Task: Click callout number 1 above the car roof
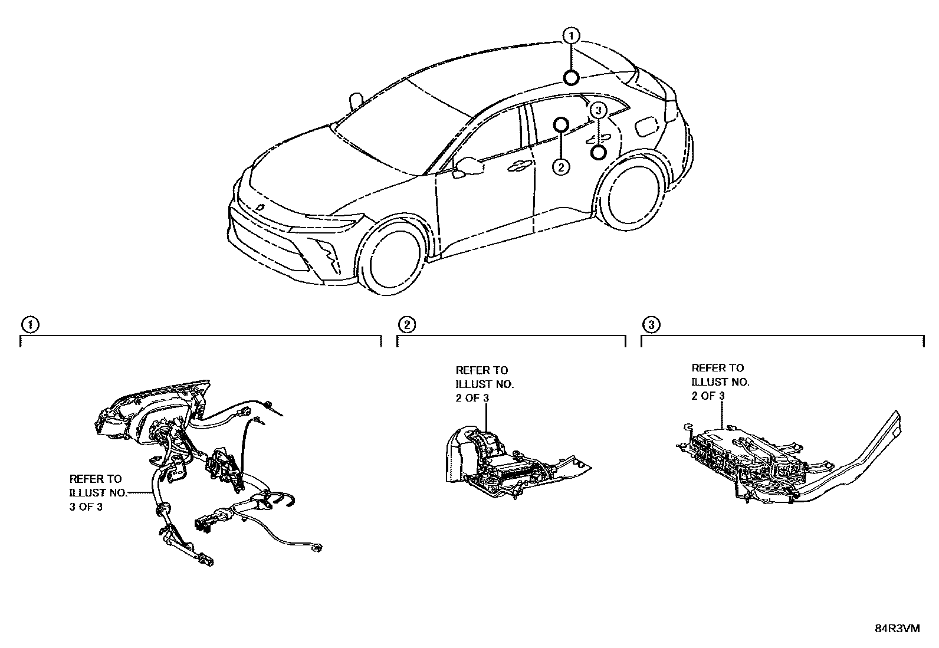pos(571,36)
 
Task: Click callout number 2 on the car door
pos(561,167)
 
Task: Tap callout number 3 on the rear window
pos(598,110)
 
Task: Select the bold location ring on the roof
pos(571,77)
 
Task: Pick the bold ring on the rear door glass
pos(561,124)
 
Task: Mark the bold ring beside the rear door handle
pos(598,153)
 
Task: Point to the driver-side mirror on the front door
pos(469,166)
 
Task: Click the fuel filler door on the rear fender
pos(646,125)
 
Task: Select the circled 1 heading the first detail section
pos(29,324)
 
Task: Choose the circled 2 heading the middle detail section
pos(406,324)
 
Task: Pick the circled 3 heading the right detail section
pos(651,324)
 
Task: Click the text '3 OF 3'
pos(86,506)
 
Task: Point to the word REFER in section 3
pos(705,368)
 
